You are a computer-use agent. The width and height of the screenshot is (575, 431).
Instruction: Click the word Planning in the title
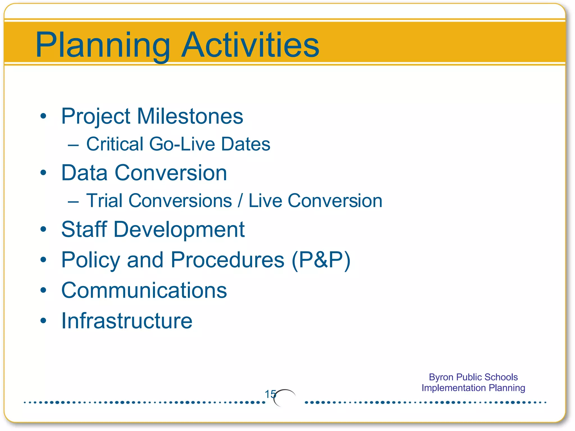[103, 45]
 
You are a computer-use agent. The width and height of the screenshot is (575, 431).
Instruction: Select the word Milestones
[190, 116]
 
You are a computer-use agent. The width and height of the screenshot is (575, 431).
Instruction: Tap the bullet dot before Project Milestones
[43, 116]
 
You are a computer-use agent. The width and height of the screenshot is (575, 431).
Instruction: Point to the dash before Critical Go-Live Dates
[73, 145]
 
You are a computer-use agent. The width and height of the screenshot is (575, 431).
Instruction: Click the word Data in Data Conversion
[84, 173]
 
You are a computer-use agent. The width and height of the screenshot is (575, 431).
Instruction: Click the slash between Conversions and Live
[240, 201]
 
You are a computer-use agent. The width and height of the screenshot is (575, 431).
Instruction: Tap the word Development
[179, 230]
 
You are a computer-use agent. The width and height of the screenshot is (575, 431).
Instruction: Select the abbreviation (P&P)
[321, 260]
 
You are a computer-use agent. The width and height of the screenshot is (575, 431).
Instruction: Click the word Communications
[144, 290]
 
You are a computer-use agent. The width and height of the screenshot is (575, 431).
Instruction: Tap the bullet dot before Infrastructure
[43, 320]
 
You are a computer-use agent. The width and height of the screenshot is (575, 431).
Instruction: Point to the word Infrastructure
[127, 321]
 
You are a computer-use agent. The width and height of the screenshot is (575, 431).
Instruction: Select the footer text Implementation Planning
[473, 388]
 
